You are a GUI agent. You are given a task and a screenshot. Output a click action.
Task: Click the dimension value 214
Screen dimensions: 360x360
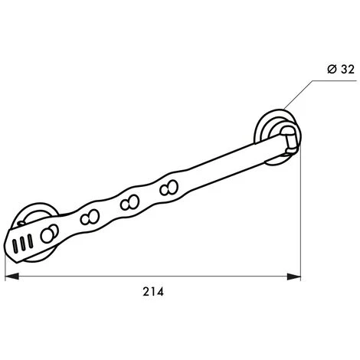153,292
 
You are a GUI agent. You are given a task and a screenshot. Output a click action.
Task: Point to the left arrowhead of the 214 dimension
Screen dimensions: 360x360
10,277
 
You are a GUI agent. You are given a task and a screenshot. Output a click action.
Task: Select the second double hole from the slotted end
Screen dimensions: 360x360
93,216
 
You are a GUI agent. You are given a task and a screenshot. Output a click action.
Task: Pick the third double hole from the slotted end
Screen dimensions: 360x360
129,203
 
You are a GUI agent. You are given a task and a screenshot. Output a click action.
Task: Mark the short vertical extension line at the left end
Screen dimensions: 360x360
5,265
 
